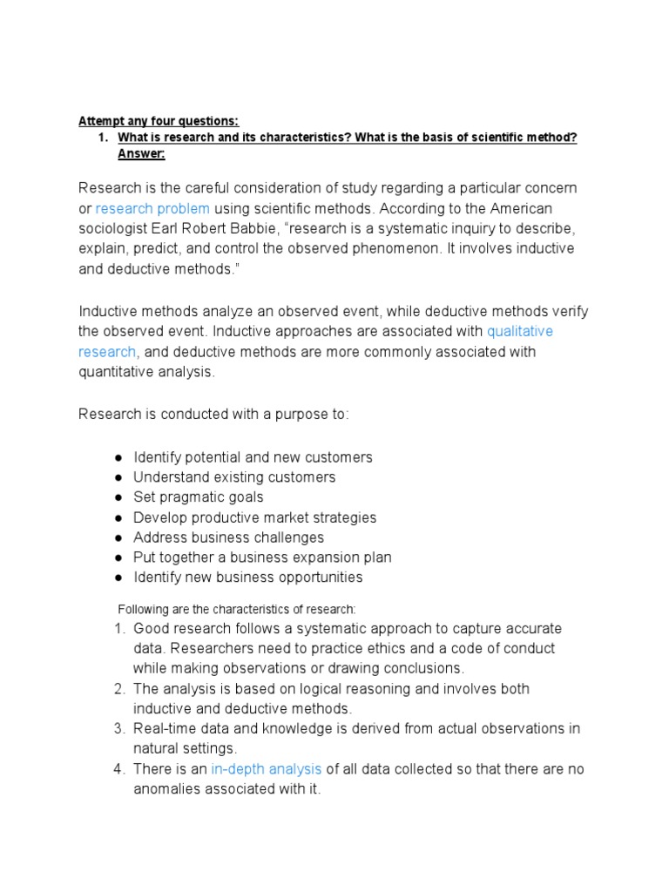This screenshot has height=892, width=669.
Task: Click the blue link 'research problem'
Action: click(152, 208)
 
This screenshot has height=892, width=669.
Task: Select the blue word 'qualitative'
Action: click(520, 332)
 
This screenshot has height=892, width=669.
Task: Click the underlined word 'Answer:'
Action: click(141, 154)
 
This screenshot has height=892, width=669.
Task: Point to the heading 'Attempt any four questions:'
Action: click(159, 121)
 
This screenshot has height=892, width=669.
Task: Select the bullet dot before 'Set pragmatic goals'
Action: click(118, 497)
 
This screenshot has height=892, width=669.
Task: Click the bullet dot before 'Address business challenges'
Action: click(118, 537)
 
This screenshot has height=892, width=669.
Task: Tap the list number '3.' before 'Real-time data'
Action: click(120, 729)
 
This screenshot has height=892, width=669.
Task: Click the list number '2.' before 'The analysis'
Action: click(120, 689)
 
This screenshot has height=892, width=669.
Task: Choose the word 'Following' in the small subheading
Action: click(145, 610)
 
